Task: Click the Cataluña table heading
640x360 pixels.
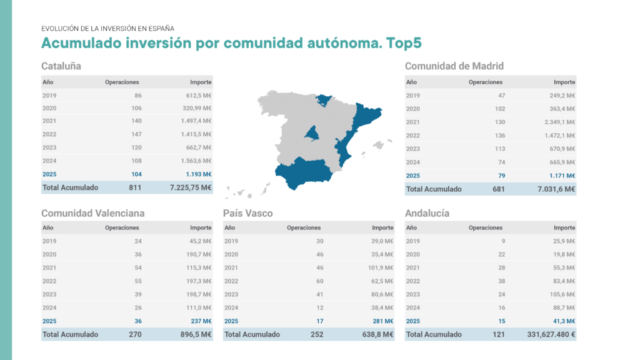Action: [x=61, y=66]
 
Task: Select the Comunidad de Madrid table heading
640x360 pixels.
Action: [x=454, y=66]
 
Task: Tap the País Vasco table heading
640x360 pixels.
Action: [x=247, y=213]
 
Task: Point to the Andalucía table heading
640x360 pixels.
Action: [x=427, y=213]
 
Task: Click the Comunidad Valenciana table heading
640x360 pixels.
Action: [x=92, y=213]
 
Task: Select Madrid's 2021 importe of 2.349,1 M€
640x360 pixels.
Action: [x=557, y=122]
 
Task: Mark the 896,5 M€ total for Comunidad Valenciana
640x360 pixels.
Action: [x=194, y=335]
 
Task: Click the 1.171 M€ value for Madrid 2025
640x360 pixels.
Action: [x=559, y=176]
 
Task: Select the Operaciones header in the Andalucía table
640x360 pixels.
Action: [x=485, y=228]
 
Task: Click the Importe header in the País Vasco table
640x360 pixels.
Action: [x=382, y=228]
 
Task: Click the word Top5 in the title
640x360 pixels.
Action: [x=404, y=43]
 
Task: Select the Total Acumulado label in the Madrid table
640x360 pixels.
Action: [x=434, y=189]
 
